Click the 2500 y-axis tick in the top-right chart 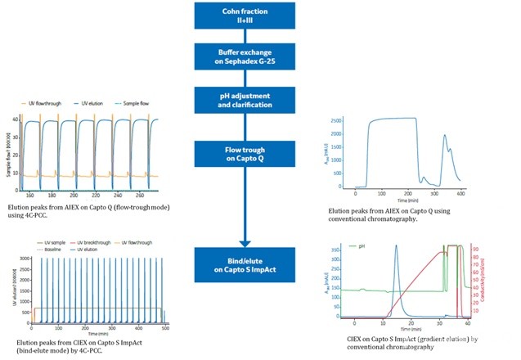(334, 121)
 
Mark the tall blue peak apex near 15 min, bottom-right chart (397, 245)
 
